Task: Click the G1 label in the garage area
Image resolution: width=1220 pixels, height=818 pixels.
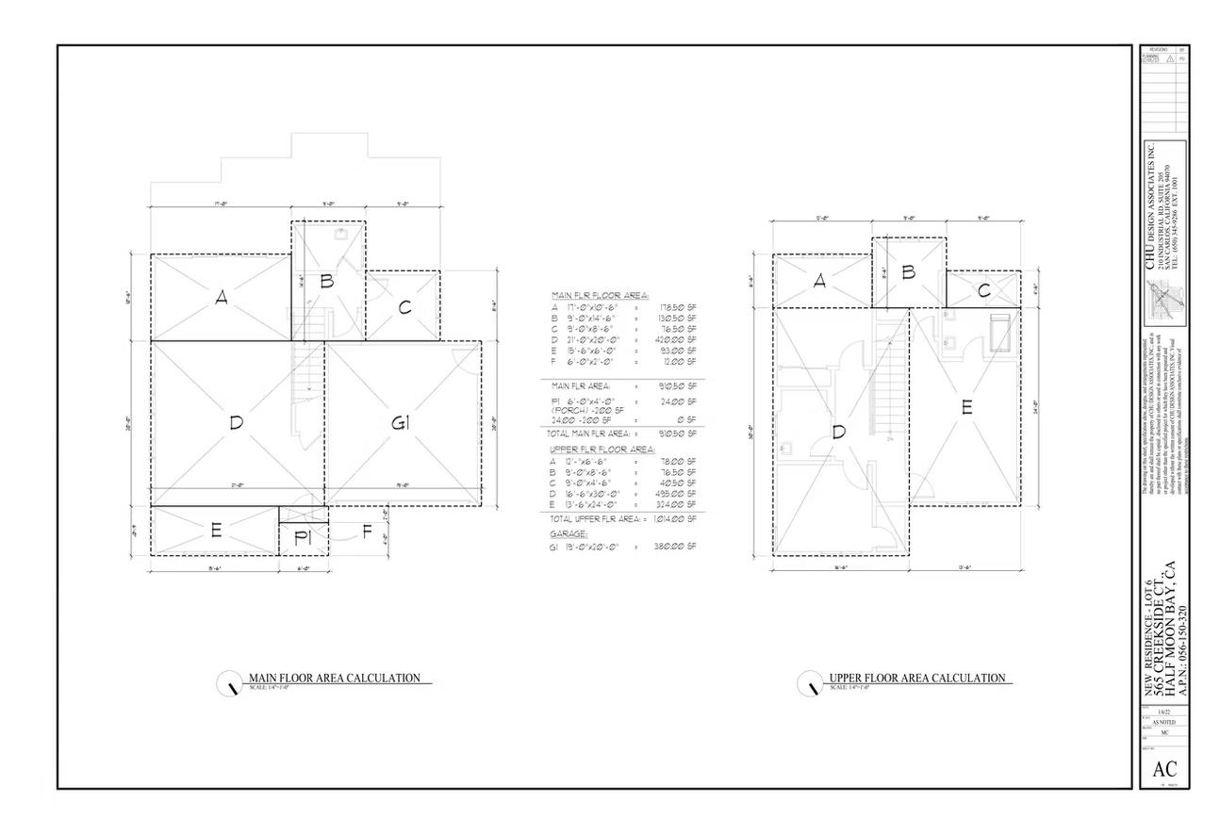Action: pyautogui.click(x=401, y=424)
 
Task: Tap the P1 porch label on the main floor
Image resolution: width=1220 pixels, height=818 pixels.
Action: pyautogui.click(x=303, y=538)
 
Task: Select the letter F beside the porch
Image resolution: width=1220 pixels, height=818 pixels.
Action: pyautogui.click(x=367, y=532)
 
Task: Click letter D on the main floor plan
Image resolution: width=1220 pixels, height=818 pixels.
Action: pyautogui.click(x=236, y=423)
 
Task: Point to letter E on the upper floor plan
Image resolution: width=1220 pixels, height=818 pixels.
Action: pyautogui.click(x=966, y=408)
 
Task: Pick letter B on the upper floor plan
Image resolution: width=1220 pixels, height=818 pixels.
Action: pyautogui.click(x=909, y=272)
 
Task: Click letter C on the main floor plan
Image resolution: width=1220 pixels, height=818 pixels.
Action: pyautogui.click(x=404, y=307)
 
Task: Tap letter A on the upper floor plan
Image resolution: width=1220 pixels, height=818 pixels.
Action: pyautogui.click(x=819, y=281)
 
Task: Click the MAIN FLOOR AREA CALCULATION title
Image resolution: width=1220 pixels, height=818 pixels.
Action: pyautogui.click(x=334, y=679)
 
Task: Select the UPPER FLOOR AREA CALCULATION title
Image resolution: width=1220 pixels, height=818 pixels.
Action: pyautogui.click(x=916, y=679)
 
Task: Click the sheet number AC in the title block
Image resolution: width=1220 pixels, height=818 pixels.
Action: pyautogui.click(x=1163, y=769)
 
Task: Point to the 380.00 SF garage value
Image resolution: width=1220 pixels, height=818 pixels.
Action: pyautogui.click(x=675, y=546)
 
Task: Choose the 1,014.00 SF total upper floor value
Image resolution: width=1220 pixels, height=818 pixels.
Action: pyautogui.click(x=675, y=519)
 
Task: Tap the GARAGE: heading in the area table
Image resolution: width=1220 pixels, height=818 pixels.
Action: pyautogui.click(x=569, y=533)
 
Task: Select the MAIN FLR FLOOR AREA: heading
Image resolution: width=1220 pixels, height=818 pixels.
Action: pyautogui.click(x=600, y=295)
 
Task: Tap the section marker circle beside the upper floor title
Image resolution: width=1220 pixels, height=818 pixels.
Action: pyautogui.click(x=809, y=683)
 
